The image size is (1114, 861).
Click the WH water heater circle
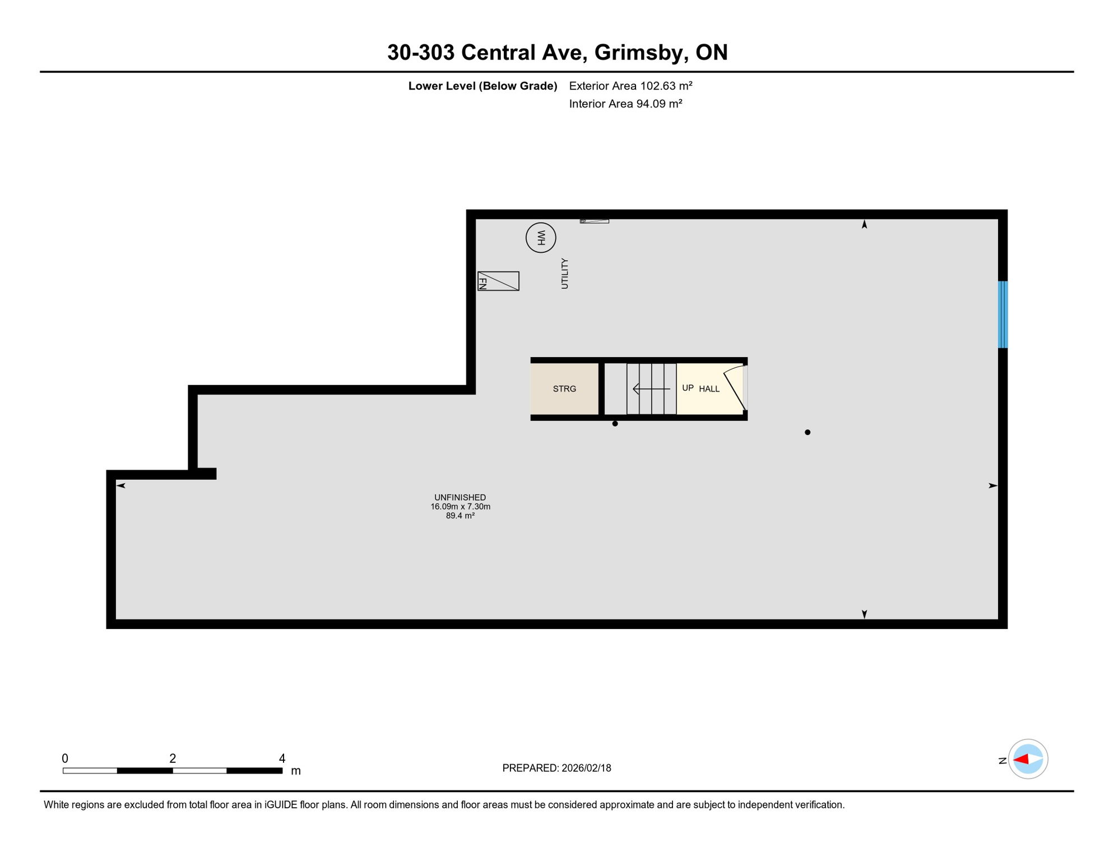click(541, 238)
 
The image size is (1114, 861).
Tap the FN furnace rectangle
click(498, 281)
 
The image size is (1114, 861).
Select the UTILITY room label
click(564, 274)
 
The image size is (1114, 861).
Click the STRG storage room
click(564, 389)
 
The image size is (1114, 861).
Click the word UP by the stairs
click(688, 388)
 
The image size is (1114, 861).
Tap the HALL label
click(709, 389)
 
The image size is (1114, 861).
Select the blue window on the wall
click(1002, 314)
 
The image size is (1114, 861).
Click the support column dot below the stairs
click(615, 424)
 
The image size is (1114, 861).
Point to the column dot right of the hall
click(807, 432)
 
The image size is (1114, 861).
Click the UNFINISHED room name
click(460, 497)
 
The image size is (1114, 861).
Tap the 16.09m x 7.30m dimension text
click(460, 507)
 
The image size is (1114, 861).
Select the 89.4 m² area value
click(460, 516)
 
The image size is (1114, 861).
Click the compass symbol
click(1028, 759)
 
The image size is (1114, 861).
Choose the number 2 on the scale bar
click(173, 758)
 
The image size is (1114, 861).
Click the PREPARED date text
click(556, 768)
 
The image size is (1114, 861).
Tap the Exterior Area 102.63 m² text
click(630, 86)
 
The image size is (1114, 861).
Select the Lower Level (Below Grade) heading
click(482, 86)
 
